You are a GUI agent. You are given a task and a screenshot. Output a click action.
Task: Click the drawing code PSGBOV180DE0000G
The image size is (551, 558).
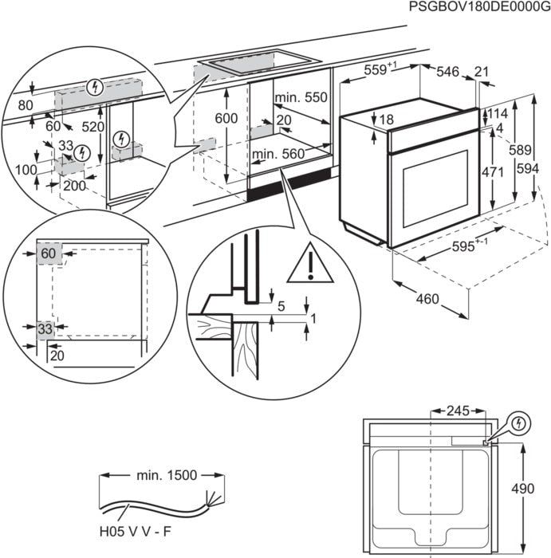tap(478, 7)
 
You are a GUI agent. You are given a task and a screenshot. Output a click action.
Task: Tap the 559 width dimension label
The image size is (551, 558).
tap(380, 70)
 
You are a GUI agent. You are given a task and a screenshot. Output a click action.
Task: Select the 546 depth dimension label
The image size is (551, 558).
tap(448, 73)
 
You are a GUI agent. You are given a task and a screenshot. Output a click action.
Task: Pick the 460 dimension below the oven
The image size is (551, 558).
tap(427, 300)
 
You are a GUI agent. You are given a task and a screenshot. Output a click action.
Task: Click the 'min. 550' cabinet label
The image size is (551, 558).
tap(301, 98)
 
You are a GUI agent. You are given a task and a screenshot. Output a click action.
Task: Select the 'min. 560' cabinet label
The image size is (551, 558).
tap(278, 154)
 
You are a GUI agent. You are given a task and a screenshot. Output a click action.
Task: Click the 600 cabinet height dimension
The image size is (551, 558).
tap(227, 118)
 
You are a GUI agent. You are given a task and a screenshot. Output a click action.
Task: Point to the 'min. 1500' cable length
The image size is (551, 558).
tap(166, 475)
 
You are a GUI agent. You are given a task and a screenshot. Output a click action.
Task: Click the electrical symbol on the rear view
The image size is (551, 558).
tap(518, 422)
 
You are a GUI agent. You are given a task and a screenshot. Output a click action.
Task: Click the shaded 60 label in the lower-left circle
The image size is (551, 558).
tap(48, 253)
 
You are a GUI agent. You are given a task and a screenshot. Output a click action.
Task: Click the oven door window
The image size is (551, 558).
tap(431, 186)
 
